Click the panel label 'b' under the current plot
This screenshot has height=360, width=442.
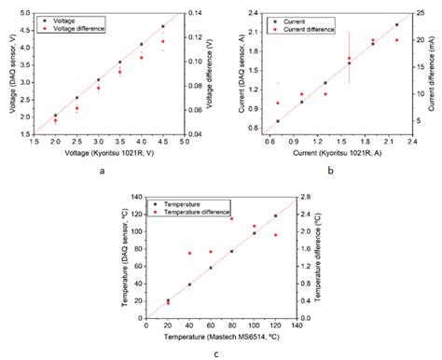coord(329,171)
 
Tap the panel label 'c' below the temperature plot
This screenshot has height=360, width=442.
coord(216,353)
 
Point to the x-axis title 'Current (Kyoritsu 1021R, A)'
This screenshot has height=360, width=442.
coord(329,152)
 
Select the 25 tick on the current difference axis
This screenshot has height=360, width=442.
coord(419,12)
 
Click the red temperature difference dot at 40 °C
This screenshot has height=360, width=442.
coord(189,253)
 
